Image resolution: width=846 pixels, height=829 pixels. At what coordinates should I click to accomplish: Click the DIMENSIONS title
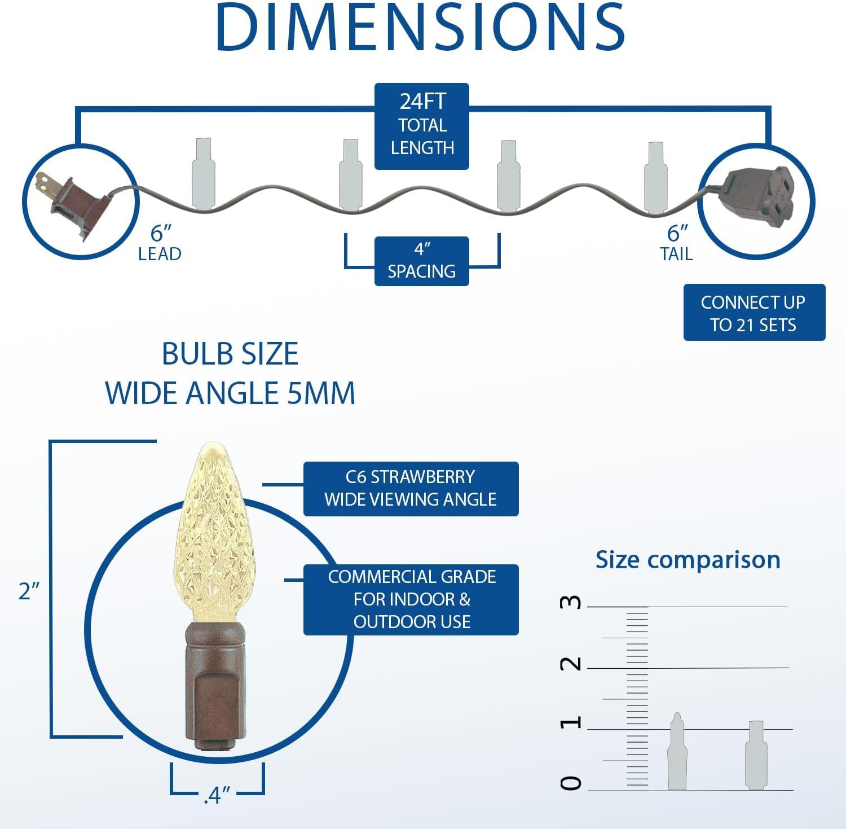pyautogui.click(x=420, y=27)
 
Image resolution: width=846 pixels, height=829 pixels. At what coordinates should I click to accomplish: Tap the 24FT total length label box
pyautogui.click(x=422, y=126)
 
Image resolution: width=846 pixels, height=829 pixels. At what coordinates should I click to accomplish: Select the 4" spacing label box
pyautogui.click(x=422, y=261)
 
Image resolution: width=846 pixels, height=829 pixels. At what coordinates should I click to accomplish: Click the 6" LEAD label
pyautogui.click(x=160, y=243)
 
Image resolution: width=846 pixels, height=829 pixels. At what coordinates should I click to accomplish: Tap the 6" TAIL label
pyautogui.click(x=677, y=243)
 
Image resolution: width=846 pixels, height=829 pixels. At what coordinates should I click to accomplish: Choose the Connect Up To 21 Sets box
pyautogui.click(x=754, y=313)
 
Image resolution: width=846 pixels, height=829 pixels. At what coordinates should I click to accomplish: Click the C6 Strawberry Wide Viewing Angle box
pyautogui.click(x=411, y=489)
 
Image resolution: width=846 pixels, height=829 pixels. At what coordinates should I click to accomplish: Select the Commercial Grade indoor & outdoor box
pyautogui.click(x=411, y=599)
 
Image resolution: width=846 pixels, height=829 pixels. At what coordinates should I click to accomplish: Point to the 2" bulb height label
pyautogui.click(x=29, y=591)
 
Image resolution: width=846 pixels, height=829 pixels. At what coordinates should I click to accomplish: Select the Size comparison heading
pyautogui.click(x=688, y=560)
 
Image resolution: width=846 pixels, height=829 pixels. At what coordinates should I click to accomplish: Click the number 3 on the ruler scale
pyautogui.click(x=570, y=602)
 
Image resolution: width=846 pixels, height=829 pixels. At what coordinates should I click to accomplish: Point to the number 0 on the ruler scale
pyautogui.click(x=570, y=783)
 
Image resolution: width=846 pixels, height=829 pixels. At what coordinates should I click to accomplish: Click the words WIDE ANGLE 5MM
pyautogui.click(x=230, y=393)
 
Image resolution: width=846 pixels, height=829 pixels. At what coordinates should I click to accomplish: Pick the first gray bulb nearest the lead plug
pyautogui.click(x=203, y=175)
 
